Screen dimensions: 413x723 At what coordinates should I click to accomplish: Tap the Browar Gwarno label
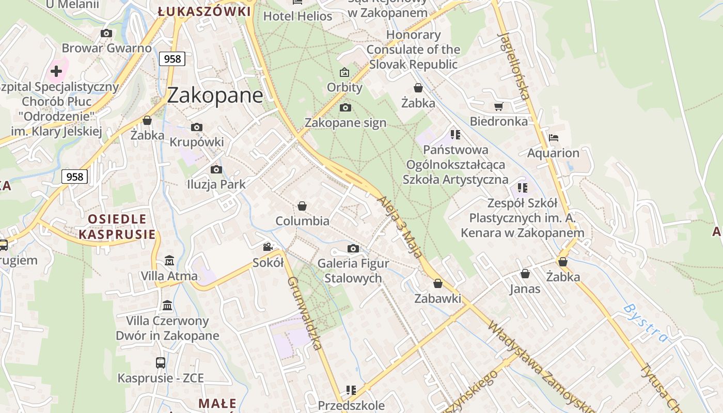pos(107,48)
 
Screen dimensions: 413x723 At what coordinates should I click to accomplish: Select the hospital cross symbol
pos(56,71)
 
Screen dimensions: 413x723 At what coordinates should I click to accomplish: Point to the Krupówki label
pos(197,142)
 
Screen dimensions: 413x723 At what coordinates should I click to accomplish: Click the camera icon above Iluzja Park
pos(216,169)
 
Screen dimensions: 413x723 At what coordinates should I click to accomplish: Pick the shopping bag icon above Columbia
pos(302,206)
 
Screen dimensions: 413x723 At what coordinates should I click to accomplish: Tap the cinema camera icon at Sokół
pos(268,247)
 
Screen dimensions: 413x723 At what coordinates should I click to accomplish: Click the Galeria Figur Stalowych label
pos(353,271)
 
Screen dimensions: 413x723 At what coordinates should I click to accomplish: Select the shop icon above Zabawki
pos(438,283)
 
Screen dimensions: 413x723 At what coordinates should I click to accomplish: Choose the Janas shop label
pos(525,289)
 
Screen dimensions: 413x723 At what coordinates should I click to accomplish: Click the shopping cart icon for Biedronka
pos(498,106)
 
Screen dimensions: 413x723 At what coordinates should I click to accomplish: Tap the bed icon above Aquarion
pos(554,138)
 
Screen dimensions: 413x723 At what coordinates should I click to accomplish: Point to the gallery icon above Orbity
pos(344,72)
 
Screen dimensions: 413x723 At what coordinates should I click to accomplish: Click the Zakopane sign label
pos(345,123)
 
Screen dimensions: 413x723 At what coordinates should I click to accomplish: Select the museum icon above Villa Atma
pos(169,261)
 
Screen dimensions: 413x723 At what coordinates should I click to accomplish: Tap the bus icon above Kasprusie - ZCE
pos(161,362)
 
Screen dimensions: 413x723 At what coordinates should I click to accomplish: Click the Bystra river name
pos(645,323)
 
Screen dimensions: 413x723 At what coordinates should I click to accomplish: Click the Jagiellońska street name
pos(513,66)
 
